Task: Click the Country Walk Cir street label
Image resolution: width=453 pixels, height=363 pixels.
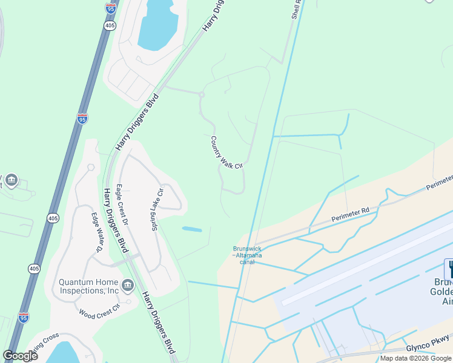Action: [x=226, y=152]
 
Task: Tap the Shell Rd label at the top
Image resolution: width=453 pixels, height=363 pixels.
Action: [x=296, y=10]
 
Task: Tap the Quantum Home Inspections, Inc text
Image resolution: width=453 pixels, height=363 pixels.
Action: [x=88, y=286]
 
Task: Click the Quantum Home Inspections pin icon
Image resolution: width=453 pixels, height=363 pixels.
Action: [x=128, y=285]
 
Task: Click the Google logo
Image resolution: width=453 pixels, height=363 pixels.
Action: [x=20, y=356]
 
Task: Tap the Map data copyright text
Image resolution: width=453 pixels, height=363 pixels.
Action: [x=415, y=358]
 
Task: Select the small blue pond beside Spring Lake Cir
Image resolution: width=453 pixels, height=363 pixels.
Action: [x=192, y=229]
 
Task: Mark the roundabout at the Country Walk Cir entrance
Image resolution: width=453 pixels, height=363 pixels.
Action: [x=202, y=94]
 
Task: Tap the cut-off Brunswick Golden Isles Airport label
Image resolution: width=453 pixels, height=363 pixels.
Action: [x=443, y=292]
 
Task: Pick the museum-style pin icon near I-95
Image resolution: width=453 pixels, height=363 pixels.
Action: [x=11, y=180]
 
